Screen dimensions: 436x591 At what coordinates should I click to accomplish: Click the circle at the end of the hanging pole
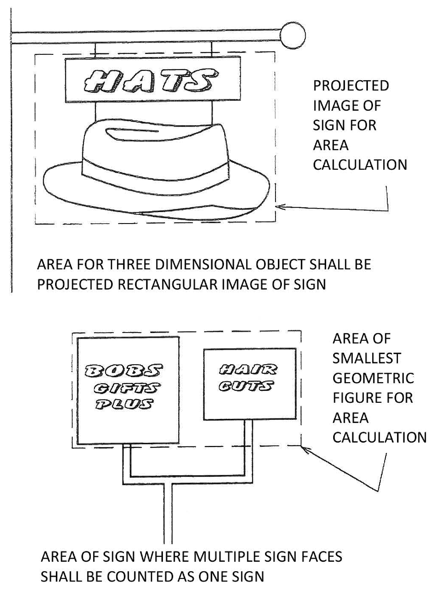[292, 36]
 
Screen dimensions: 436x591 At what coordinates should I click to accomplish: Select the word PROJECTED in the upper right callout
[351, 86]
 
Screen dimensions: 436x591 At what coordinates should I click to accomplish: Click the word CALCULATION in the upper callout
[360, 165]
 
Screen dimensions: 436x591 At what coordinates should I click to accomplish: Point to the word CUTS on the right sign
[246, 386]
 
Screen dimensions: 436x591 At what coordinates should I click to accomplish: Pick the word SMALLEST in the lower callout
[366, 359]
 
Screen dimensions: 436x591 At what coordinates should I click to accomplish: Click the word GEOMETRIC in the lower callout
[373, 378]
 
